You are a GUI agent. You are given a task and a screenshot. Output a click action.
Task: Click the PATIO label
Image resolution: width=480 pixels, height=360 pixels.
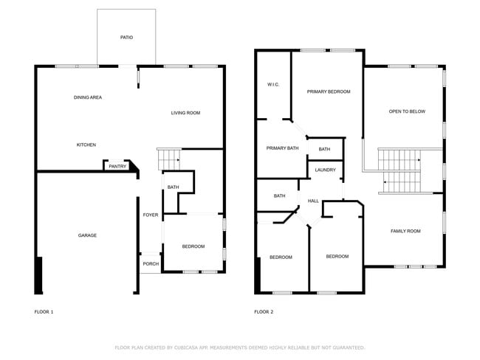(127, 37)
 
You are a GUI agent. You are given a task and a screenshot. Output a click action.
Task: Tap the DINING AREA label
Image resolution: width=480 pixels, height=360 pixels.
(88, 97)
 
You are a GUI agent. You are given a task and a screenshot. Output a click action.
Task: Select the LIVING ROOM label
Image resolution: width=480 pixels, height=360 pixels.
(185, 113)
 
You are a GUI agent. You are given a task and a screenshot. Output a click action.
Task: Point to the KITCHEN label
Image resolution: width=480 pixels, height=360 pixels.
(86, 145)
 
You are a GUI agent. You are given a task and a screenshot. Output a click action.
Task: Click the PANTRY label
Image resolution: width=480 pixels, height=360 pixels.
(117, 167)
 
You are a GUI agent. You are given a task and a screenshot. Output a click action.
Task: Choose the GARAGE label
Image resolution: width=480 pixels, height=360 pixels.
(87, 235)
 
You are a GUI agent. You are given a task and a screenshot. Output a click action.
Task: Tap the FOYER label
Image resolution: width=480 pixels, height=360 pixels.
(151, 215)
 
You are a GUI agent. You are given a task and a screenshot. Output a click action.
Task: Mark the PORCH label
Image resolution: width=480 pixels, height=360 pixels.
(151, 263)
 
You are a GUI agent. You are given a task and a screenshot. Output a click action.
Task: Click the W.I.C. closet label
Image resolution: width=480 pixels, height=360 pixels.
(272, 85)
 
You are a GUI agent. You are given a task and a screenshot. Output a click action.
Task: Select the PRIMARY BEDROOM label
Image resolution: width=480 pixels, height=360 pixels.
(329, 91)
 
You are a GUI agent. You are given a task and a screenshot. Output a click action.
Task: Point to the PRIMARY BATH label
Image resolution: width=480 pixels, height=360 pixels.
(282, 148)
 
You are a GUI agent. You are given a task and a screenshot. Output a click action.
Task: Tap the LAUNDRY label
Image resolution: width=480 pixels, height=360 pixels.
(325, 170)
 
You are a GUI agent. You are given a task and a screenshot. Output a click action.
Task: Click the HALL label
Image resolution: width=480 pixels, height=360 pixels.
(313, 201)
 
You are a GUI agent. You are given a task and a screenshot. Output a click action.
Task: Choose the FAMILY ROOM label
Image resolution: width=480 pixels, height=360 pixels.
(405, 231)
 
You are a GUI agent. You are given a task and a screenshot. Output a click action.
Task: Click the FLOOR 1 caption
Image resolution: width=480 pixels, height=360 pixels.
(44, 312)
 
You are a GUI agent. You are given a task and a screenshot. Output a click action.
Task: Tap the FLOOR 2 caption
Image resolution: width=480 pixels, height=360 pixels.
(264, 312)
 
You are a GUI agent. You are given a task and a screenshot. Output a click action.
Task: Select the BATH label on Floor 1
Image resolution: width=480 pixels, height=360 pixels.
(173, 187)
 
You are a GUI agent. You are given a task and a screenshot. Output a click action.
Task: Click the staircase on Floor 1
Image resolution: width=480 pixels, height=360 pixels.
(169, 158)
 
